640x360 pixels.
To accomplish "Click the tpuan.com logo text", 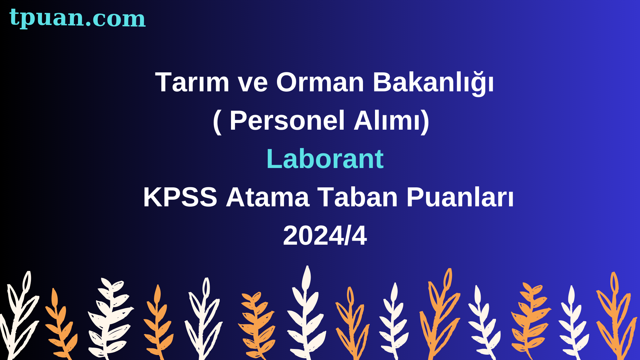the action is coord(77,18).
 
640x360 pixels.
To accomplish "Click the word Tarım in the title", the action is coord(192,82).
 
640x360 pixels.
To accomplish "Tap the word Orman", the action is coord(320,82).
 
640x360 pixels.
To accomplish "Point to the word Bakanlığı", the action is coord(433,82).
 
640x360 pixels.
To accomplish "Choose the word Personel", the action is coord(287,120).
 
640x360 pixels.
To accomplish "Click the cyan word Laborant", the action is coord(325,159).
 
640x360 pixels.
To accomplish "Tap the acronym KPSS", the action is coord(180,197).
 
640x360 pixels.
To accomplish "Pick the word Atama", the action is coord(268,197).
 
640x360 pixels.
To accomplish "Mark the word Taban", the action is coord(358,197).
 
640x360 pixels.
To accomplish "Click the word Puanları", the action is coord(460,197).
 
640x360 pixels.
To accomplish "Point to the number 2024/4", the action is coord(325,235).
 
